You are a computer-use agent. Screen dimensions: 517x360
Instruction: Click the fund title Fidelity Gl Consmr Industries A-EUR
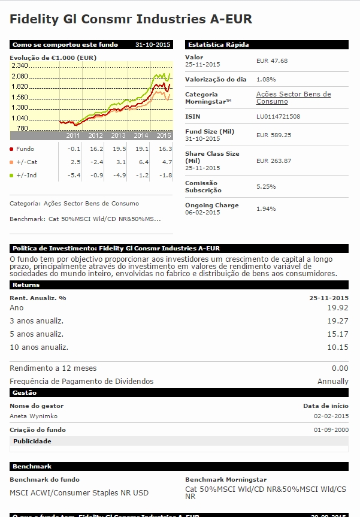(x=131, y=20)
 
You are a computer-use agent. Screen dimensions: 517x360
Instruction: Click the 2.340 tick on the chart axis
(x=19, y=65)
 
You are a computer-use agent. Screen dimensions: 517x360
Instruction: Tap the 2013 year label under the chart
(x=118, y=136)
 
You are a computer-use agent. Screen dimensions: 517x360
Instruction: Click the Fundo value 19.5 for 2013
(x=119, y=149)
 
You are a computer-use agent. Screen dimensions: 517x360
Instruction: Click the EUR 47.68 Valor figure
(x=271, y=61)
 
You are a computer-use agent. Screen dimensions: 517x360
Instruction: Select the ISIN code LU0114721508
(x=278, y=116)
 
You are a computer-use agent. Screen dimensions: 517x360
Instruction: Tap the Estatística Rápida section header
(x=218, y=44)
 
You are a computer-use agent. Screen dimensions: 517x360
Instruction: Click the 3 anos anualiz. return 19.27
(x=338, y=321)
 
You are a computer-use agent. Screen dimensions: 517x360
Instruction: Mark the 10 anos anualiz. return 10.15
(x=338, y=347)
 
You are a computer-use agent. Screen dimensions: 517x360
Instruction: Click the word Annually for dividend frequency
(x=332, y=381)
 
